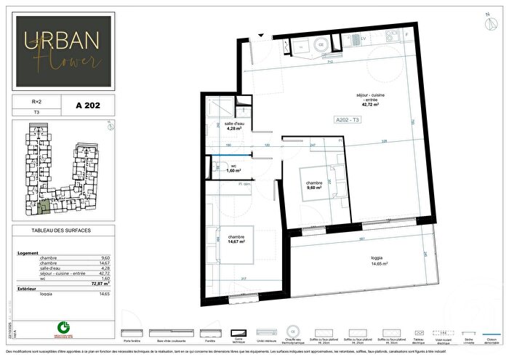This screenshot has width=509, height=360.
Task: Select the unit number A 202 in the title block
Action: [x=87, y=105]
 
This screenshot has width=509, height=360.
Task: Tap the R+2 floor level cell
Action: [x=29, y=103]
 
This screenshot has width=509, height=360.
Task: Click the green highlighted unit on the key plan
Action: [x=46, y=208]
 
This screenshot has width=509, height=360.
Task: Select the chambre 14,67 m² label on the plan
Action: [x=237, y=239]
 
